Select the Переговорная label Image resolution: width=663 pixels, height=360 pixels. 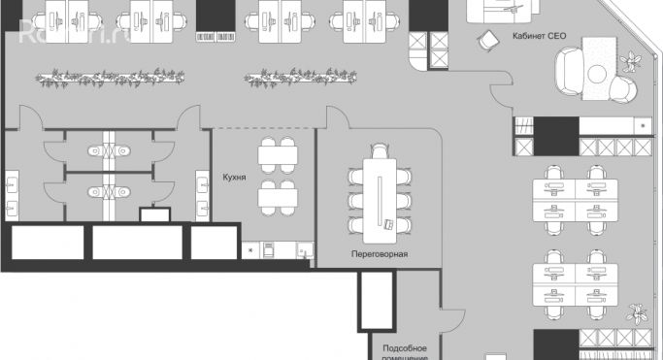(x=380, y=254)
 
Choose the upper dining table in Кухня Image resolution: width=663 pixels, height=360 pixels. (x=277, y=153)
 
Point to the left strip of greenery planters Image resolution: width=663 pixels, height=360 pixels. (x=102, y=75)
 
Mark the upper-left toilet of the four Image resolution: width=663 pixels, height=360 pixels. (x=94, y=150)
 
